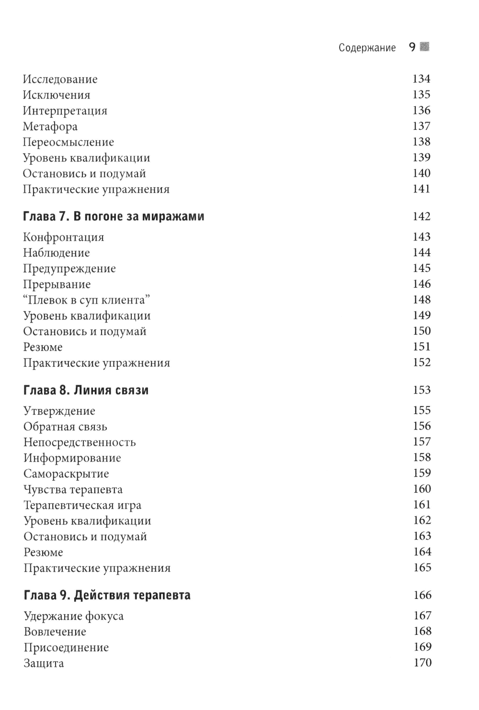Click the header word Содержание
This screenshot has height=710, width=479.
(x=367, y=47)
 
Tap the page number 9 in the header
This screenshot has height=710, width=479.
(x=412, y=47)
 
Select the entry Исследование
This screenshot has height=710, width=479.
(x=60, y=79)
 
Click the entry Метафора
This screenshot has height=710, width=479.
(x=50, y=126)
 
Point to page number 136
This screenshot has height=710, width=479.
(x=422, y=110)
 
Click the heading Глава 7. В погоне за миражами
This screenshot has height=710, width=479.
(x=114, y=216)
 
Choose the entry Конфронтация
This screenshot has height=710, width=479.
(x=63, y=237)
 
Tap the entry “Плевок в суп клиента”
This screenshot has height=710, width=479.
(x=87, y=300)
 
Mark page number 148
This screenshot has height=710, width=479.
(x=422, y=299)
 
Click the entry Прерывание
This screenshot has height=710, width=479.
(x=57, y=284)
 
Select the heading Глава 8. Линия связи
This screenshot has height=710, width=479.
(x=86, y=390)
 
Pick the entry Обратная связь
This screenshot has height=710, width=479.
(x=65, y=427)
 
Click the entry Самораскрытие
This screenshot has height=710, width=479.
(x=66, y=473)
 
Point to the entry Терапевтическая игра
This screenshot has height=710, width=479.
(x=82, y=505)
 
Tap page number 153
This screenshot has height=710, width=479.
(x=422, y=390)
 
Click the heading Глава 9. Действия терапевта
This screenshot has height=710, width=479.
(x=107, y=595)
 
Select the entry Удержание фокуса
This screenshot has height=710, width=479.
(x=73, y=616)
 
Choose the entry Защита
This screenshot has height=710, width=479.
(x=44, y=663)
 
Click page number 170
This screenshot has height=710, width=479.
(x=422, y=663)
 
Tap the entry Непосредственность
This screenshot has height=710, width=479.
(x=80, y=442)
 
